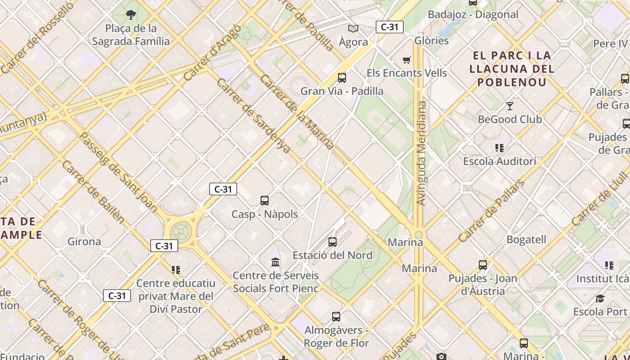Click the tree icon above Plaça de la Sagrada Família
(131, 15)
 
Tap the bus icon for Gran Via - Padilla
(342, 78)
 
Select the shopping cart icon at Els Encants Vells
(407, 60)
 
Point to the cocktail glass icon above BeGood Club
(509, 106)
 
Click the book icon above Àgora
(353, 29)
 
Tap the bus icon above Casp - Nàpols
(265, 201)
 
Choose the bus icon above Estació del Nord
(333, 242)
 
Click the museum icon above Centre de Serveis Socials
(275, 262)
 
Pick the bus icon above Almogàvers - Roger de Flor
(336, 317)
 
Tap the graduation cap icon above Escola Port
(600, 298)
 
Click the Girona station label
(84, 242)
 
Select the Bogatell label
(526, 239)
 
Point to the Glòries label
(432, 40)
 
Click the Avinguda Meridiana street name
(421, 153)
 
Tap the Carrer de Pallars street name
(491, 211)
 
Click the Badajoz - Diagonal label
(473, 14)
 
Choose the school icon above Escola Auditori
(499, 148)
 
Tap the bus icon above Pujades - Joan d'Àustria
(483, 265)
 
